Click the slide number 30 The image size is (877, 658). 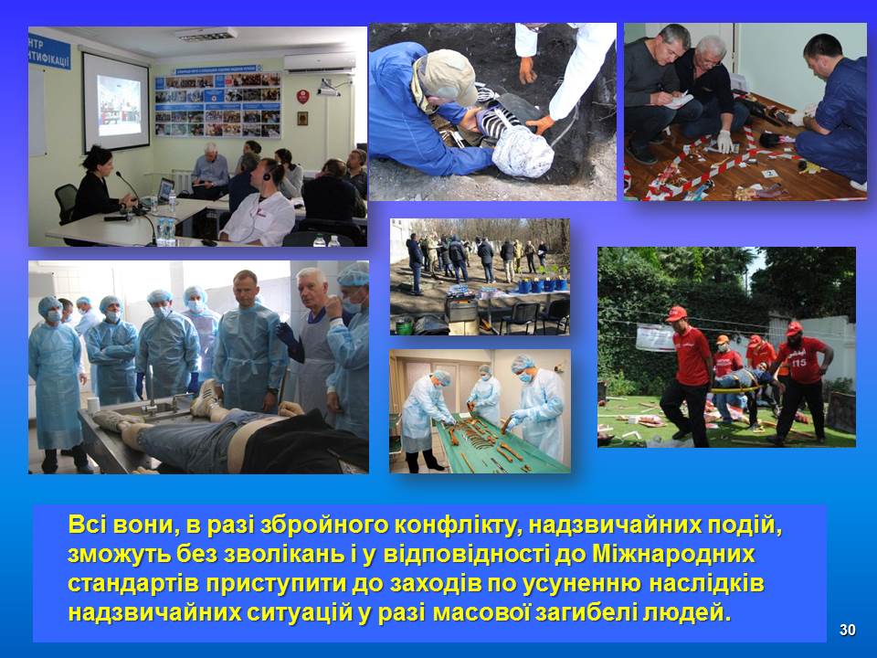tap(848, 630)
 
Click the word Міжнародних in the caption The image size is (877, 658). tap(673, 554)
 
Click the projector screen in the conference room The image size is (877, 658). tap(116, 101)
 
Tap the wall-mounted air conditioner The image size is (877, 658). tap(318, 62)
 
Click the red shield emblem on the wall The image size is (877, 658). tap(302, 96)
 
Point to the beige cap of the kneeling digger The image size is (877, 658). tap(444, 76)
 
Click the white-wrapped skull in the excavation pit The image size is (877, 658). tap(522, 151)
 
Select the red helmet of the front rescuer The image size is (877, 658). tap(675, 313)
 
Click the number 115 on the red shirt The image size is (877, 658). tap(798, 363)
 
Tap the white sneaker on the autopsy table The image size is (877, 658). tap(206, 398)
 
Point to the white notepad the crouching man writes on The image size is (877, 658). tap(680, 101)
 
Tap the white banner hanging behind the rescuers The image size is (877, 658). tap(655, 337)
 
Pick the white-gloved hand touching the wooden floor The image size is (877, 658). tap(725, 141)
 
